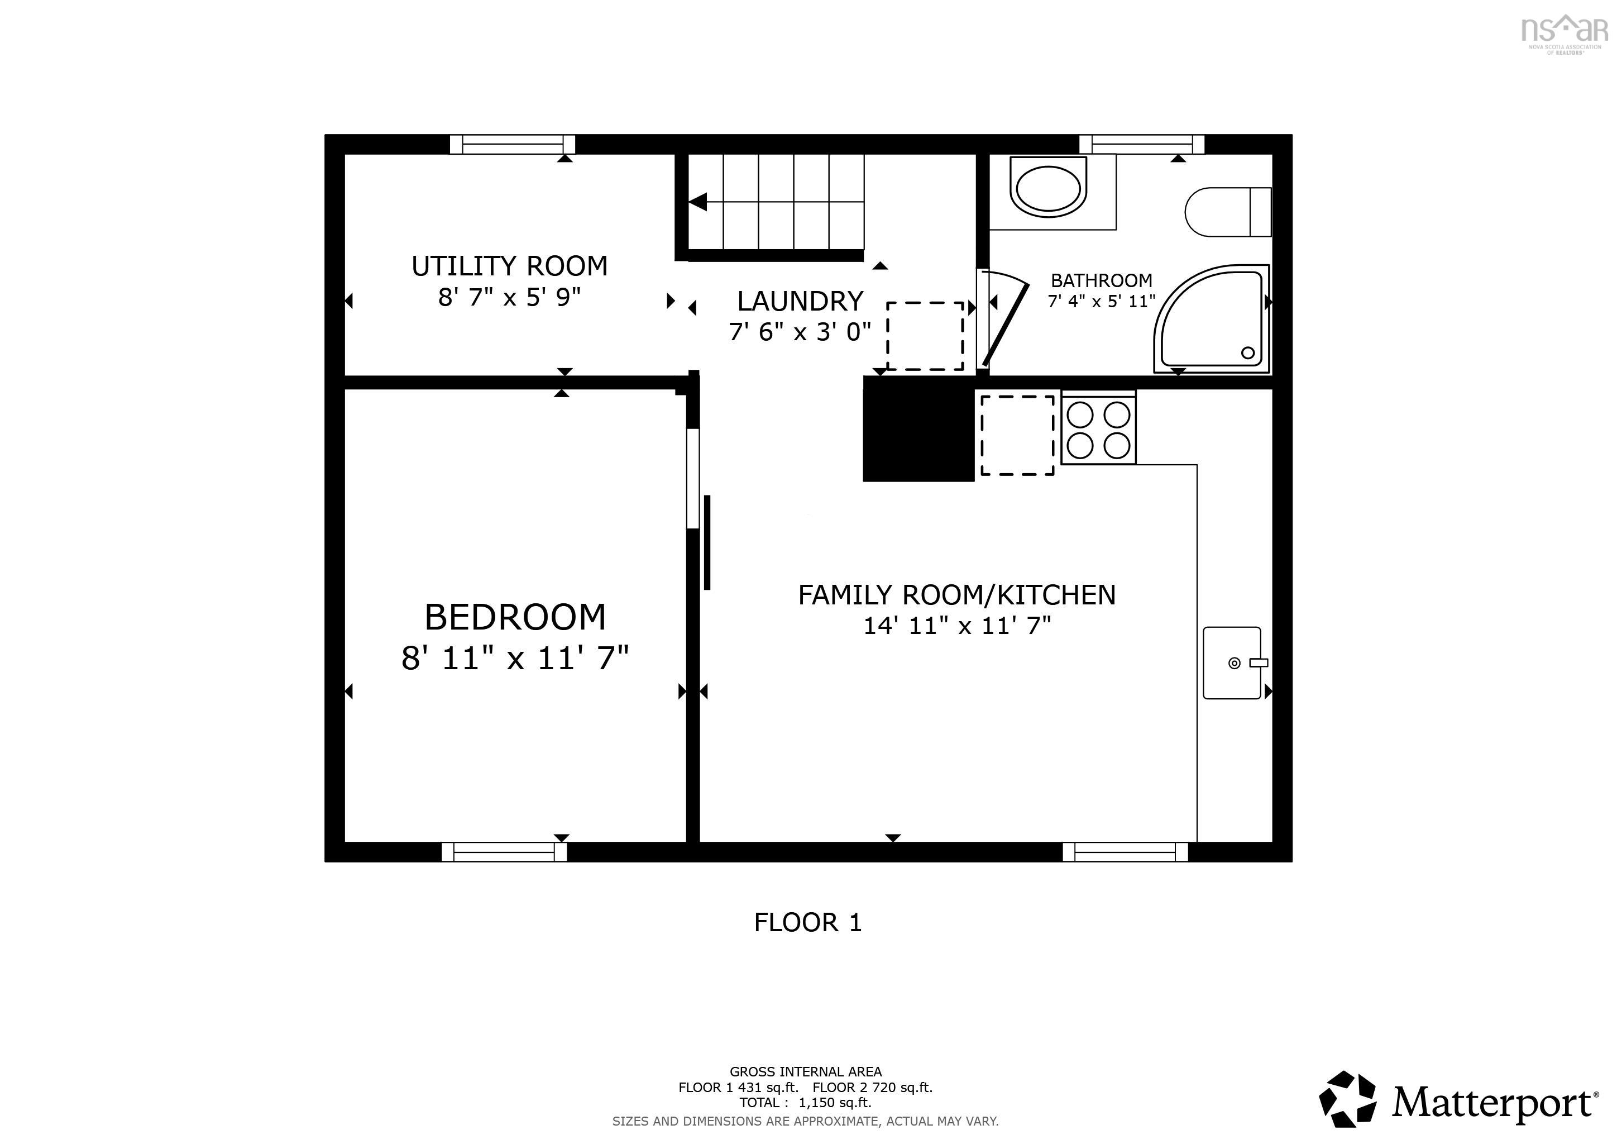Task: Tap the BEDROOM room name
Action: click(515, 617)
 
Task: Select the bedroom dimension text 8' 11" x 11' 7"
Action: click(515, 659)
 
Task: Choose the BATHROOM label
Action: click(1102, 280)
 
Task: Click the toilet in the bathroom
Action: click(1228, 211)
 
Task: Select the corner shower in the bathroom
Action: click(1211, 318)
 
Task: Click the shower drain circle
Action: click(1248, 353)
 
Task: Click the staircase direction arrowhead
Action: click(697, 202)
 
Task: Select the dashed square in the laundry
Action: click(925, 336)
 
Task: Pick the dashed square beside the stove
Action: click(1018, 435)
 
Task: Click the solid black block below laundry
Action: click(919, 429)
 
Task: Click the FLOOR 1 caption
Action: click(808, 922)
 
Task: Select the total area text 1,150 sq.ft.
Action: click(835, 1103)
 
